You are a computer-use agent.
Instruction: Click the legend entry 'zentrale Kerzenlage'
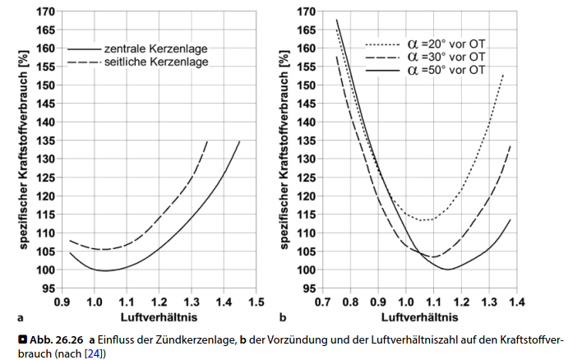156,48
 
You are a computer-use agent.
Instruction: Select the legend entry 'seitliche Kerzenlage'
156,62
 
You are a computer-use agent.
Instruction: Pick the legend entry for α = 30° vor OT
448,57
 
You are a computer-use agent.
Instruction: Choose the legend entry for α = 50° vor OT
448,71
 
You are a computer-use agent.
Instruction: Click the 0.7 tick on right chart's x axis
324,301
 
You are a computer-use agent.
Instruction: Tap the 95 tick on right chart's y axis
307,289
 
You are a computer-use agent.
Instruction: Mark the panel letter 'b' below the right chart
283,316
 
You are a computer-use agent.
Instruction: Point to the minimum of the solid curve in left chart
105,270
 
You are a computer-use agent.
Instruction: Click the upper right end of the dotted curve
502,75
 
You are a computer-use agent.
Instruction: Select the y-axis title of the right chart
284,148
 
